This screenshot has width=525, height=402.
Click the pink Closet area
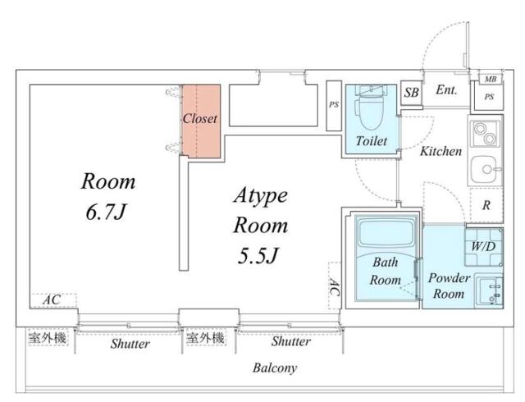tap(201, 121)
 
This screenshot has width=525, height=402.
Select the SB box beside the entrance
tap(412, 93)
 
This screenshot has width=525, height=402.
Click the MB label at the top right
tap(491, 80)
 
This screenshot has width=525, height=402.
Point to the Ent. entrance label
tap(446, 89)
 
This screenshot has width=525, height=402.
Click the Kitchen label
tap(441, 152)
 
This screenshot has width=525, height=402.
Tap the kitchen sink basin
tap(486, 169)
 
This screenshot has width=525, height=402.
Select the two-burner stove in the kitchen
tap(486, 134)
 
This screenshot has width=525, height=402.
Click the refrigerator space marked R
tap(486, 205)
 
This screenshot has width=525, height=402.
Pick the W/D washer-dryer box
tap(484, 247)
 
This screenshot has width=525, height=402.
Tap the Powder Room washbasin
tap(489, 290)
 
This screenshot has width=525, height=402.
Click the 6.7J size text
tap(106, 212)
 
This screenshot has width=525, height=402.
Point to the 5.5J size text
tap(258, 256)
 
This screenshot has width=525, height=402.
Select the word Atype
tap(261, 195)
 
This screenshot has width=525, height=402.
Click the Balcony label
tap(275, 368)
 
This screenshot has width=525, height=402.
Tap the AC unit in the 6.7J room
tap(52, 300)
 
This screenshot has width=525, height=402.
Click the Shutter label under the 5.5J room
tap(291, 341)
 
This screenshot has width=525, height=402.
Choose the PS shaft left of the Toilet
tap(334, 106)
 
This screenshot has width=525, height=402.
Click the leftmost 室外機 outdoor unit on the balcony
tap(48, 338)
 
